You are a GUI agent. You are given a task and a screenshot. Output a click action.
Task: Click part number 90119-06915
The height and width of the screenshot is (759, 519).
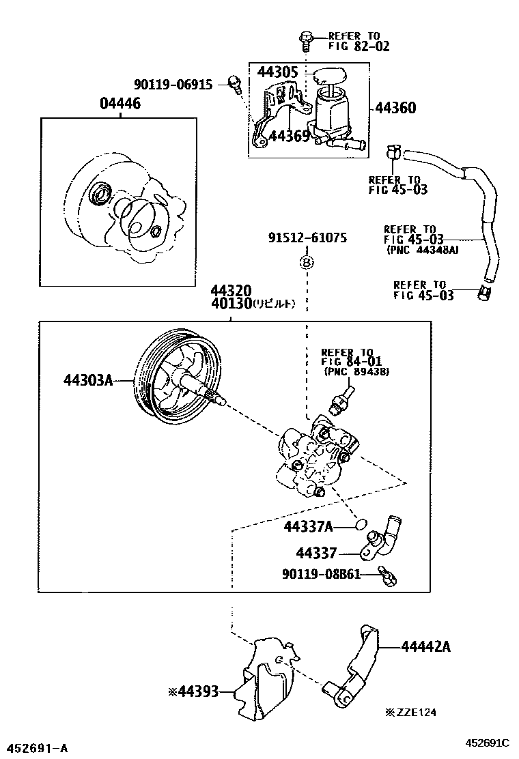click(x=173, y=84)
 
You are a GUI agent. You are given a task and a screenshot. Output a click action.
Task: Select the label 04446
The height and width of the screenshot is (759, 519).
click(x=122, y=104)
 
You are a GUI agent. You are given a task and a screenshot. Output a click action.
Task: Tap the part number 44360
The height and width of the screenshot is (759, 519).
click(x=395, y=108)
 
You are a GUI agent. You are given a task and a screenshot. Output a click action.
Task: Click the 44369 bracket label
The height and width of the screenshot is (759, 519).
click(x=290, y=136)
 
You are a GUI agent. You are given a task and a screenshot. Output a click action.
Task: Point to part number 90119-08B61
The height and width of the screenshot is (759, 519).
click(x=320, y=575)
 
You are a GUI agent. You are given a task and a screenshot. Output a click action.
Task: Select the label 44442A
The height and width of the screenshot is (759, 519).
click(x=425, y=646)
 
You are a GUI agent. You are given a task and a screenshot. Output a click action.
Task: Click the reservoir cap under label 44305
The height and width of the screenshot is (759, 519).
click(x=328, y=75)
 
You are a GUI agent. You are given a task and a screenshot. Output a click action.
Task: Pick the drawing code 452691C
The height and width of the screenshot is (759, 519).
click(x=488, y=743)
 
